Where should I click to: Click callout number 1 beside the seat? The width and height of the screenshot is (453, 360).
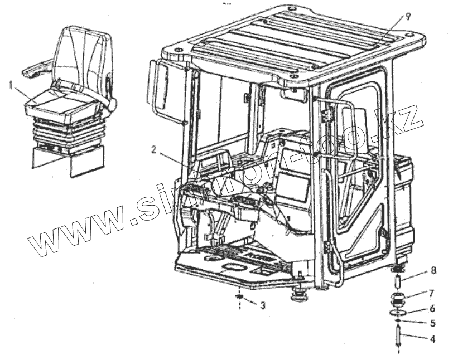[11, 85]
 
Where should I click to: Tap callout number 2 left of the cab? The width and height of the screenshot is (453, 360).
[153, 149]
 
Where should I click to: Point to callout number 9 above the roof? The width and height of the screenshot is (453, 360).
[408, 16]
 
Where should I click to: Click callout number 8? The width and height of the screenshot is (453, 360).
[432, 272]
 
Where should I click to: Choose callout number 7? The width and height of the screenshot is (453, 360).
[432, 293]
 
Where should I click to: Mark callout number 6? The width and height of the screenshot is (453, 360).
[431, 308]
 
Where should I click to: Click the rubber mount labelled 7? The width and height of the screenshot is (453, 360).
[398, 300]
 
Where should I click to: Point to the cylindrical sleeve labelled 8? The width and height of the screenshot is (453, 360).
[398, 276]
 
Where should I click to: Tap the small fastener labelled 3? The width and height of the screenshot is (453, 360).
[238, 300]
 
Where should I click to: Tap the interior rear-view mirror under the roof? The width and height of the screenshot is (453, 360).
[294, 95]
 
